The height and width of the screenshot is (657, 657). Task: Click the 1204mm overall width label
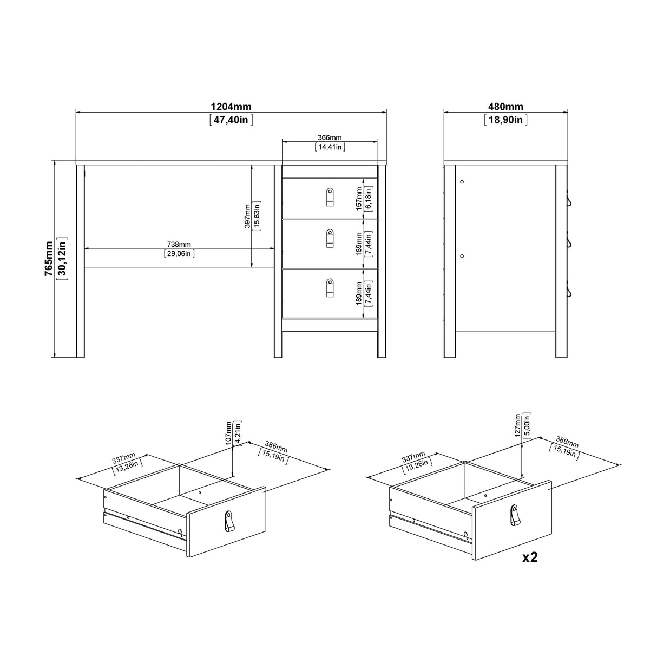coord(231,107)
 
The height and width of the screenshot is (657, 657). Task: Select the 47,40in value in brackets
coord(231,120)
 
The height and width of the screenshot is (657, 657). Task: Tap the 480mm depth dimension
coord(505,107)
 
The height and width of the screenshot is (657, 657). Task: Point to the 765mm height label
coord(49,259)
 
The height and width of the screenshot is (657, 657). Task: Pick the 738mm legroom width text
coord(179,245)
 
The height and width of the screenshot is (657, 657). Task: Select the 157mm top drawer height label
coord(358,198)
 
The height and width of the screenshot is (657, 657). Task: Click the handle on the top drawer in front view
coord(330,198)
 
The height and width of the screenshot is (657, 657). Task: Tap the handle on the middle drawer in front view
coord(330,239)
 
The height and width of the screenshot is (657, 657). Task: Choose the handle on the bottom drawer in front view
coord(330,288)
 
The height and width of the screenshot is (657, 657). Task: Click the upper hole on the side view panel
coord(462,182)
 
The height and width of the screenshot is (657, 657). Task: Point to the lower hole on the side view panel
coord(462,255)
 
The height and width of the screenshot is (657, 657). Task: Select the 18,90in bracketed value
coord(505,120)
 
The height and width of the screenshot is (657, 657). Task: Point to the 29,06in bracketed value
coord(179,253)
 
